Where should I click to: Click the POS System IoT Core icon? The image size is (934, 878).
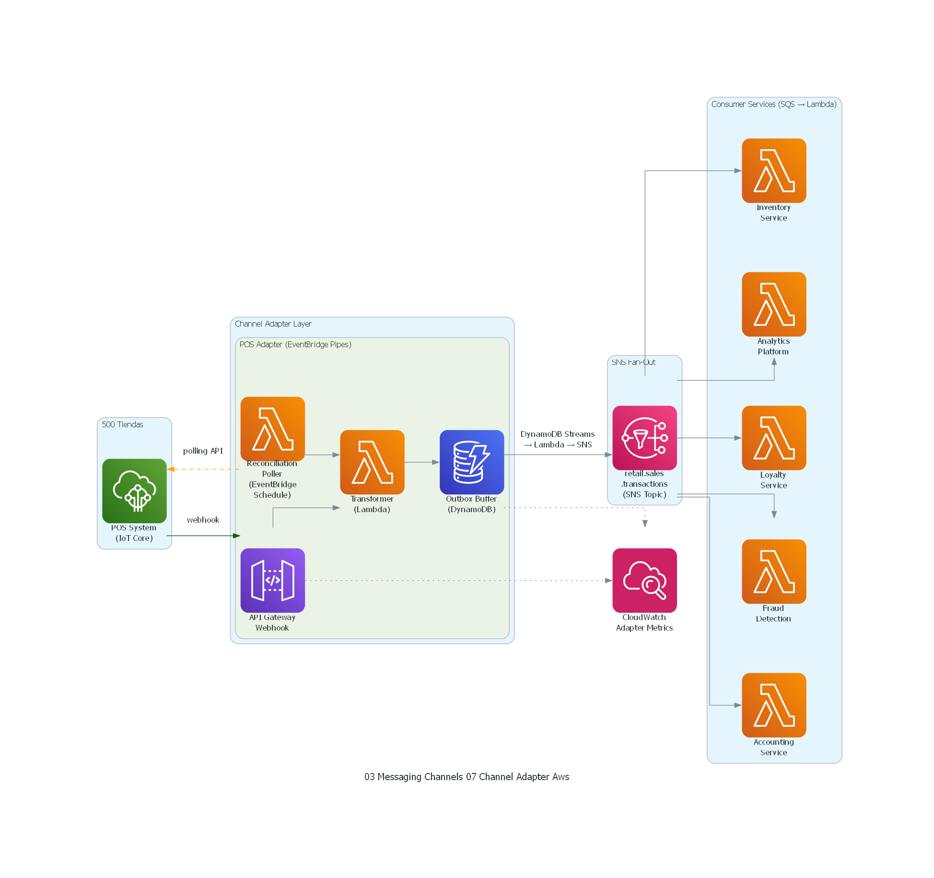click(x=134, y=491)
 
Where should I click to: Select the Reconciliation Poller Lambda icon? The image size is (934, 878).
click(x=272, y=429)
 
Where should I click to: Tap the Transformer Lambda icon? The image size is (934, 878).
click(x=372, y=462)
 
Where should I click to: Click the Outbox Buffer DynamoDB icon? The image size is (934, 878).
click(x=472, y=462)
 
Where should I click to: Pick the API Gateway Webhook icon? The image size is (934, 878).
click(x=272, y=580)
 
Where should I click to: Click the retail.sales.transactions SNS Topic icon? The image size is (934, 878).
click(x=644, y=437)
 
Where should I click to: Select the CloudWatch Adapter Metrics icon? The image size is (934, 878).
click(x=644, y=580)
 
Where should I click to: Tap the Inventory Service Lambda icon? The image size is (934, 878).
click(x=774, y=170)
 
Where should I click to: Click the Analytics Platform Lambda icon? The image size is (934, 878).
click(x=774, y=304)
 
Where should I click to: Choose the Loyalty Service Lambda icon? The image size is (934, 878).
click(x=774, y=437)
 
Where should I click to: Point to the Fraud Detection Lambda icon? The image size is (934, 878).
click(x=774, y=571)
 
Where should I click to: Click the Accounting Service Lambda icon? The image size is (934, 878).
click(x=774, y=705)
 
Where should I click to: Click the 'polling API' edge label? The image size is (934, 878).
click(x=203, y=451)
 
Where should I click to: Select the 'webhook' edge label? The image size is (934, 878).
click(x=203, y=520)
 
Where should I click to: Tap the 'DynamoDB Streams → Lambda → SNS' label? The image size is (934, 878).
click(x=558, y=439)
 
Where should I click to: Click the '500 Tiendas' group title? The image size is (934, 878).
click(x=122, y=424)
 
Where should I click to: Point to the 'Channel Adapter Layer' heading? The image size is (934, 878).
click(x=273, y=324)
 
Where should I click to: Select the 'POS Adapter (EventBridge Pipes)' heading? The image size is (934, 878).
click(x=295, y=344)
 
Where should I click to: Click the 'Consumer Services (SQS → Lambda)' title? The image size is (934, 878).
click(x=773, y=104)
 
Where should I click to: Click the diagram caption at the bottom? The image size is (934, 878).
click(x=467, y=777)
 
